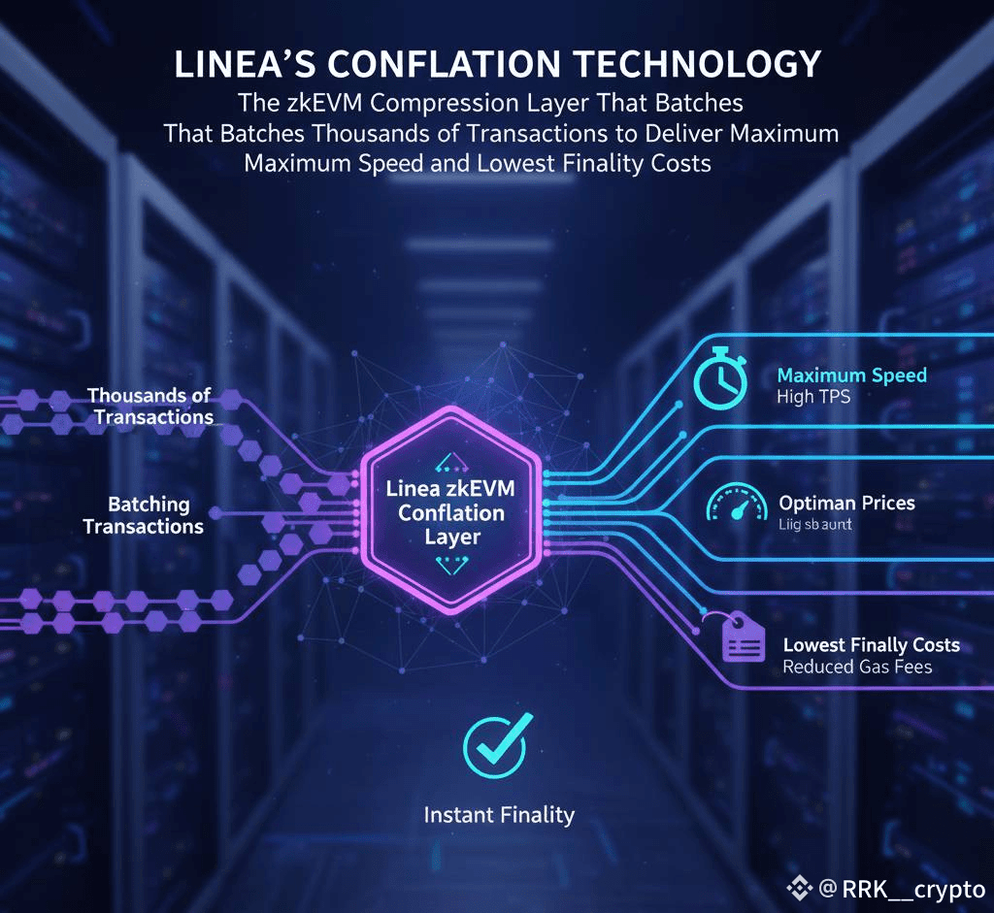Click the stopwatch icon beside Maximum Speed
coord(720,377)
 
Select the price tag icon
coord(743,639)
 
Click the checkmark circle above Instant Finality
coord(494,744)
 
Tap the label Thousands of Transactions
coord(150,407)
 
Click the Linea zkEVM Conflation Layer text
coord(451,512)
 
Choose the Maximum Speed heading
coord(852,375)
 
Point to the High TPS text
coord(813,397)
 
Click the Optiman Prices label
coord(846,504)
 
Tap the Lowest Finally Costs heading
coord(871,645)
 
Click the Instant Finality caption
coord(499,815)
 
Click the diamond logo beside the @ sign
coord(799,888)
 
